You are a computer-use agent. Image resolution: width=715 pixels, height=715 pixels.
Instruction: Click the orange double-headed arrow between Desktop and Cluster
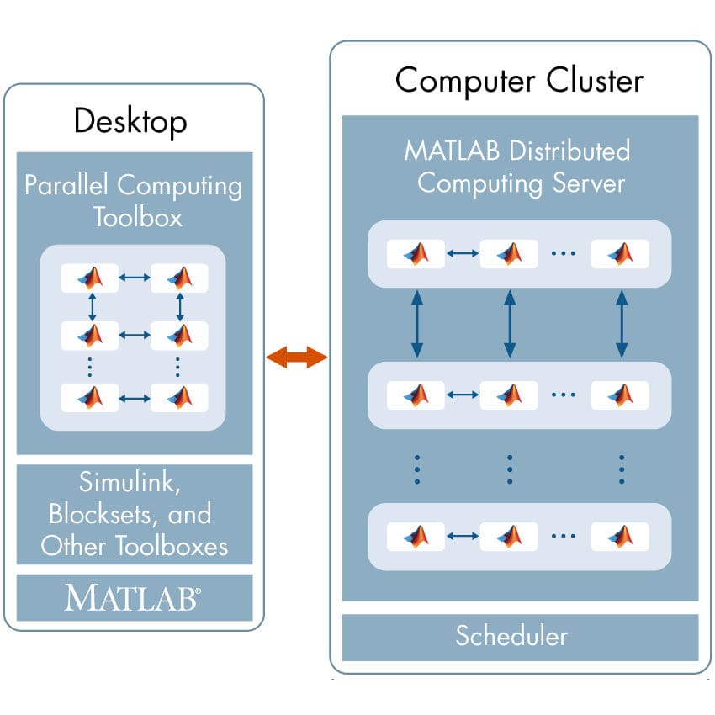point(296,357)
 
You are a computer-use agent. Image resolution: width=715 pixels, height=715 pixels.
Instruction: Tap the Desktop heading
point(130,122)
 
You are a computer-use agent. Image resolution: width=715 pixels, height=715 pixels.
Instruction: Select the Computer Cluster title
point(519,81)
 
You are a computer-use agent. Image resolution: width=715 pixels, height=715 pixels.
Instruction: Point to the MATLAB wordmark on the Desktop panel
point(133,598)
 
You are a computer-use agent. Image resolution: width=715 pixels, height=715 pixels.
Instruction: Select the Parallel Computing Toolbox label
point(133,201)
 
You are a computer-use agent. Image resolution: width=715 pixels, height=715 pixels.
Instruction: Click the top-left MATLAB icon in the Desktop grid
point(90,278)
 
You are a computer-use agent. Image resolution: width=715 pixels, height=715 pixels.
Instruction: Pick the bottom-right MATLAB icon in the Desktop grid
point(179,396)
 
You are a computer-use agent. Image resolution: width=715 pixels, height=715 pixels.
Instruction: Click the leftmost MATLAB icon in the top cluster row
point(416,253)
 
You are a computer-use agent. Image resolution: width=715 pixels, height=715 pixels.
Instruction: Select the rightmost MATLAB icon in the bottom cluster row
point(620,535)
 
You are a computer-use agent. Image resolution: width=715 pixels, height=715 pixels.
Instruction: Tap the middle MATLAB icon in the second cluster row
point(508,394)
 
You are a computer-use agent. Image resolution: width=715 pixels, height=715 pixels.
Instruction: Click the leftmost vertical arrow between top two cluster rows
point(416,324)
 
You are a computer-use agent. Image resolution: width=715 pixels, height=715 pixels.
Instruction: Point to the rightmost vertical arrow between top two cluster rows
point(621,324)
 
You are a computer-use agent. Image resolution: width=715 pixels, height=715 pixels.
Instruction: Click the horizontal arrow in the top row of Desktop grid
point(135,278)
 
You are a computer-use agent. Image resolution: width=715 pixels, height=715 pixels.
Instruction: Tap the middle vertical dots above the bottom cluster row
point(509,469)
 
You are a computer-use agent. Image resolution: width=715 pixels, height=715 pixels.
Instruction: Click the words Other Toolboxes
point(135,545)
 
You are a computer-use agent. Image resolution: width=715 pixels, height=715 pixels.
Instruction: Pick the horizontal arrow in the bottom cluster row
point(462,535)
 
